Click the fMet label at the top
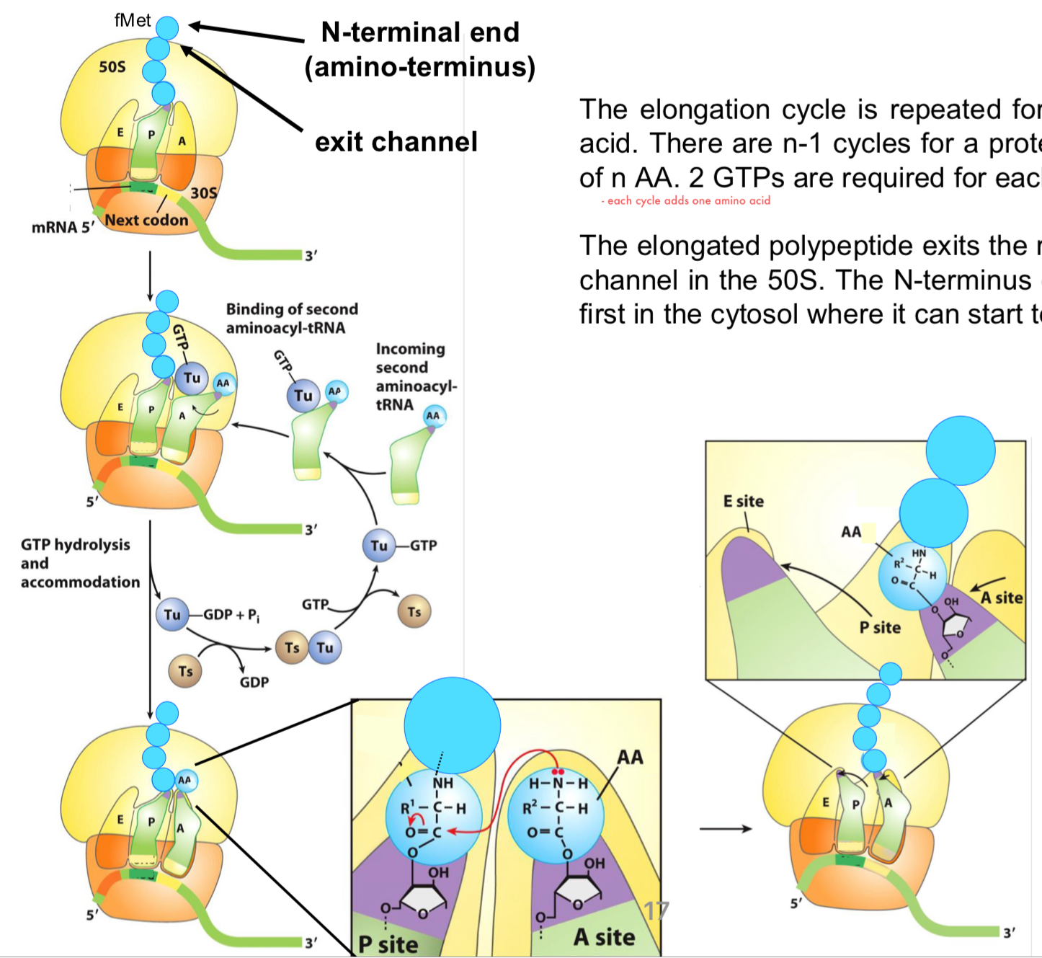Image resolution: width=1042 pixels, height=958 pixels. click(133, 20)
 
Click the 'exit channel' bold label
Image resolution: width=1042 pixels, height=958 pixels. click(396, 142)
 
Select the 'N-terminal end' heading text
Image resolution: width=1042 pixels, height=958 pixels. click(420, 32)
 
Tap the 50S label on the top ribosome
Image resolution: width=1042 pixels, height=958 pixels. click(112, 67)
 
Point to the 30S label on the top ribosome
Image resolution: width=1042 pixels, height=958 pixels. click(203, 192)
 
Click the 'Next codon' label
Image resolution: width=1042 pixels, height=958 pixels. click(146, 220)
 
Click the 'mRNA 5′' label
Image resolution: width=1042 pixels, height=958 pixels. click(63, 228)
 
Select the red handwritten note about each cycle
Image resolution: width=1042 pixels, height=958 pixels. click(685, 201)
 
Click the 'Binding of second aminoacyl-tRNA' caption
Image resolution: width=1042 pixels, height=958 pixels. click(292, 319)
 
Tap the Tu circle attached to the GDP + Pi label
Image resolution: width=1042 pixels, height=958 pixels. click(172, 615)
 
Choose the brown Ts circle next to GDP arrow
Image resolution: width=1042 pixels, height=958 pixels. click(185, 671)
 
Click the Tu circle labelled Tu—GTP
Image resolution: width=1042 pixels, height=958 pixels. click(379, 546)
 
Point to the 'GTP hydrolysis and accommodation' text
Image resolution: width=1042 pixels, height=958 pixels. click(79, 563)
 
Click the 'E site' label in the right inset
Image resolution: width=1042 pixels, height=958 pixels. click(743, 501)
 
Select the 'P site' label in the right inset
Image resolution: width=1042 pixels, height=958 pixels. click(879, 627)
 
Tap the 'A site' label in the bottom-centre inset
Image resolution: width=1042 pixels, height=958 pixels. click(604, 936)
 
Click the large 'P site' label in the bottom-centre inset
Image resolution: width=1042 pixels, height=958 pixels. click(388, 944)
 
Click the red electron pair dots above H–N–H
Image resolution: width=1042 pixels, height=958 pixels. click(557, 771)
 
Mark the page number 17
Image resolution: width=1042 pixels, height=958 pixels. click(656, 910)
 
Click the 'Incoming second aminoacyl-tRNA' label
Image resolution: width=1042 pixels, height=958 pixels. click(415, 376)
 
